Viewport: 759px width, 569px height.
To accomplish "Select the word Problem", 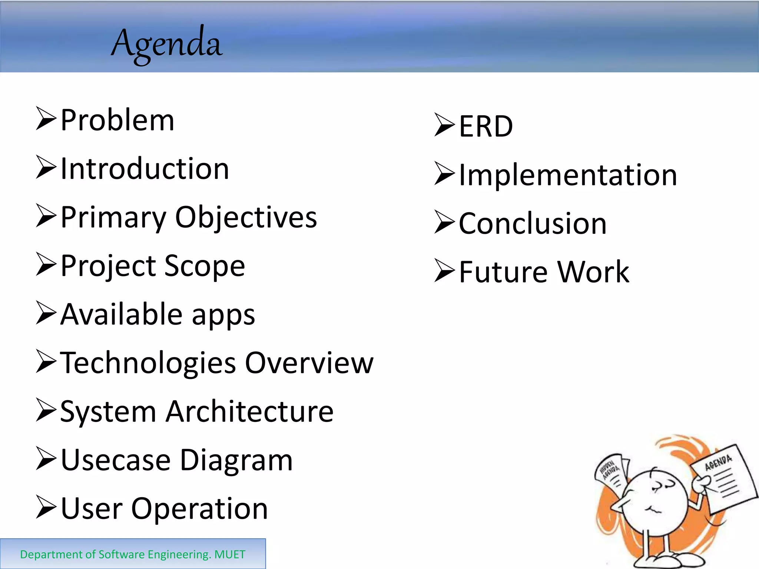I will tap(117, 120).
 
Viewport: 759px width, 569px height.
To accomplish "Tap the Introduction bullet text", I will tap(145, 169).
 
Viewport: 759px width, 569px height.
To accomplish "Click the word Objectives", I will tap(246, 217).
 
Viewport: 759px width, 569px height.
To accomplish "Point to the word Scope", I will tap(205, 266).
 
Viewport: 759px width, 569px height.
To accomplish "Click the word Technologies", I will tap(148, 363).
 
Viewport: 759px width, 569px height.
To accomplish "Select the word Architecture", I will tap(249, 412).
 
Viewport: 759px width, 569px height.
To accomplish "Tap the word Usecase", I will tap(116, 460).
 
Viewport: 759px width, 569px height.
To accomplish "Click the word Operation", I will tap(199, 509).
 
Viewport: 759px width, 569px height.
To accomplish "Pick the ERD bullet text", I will tap(486, 126).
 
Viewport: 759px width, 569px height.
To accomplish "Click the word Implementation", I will tap(568, 175).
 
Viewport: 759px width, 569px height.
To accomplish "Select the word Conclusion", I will tap(533, 224).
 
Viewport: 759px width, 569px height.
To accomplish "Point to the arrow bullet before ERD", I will tap(444, 125).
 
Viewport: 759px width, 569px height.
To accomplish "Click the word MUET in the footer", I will tap(230, 555).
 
